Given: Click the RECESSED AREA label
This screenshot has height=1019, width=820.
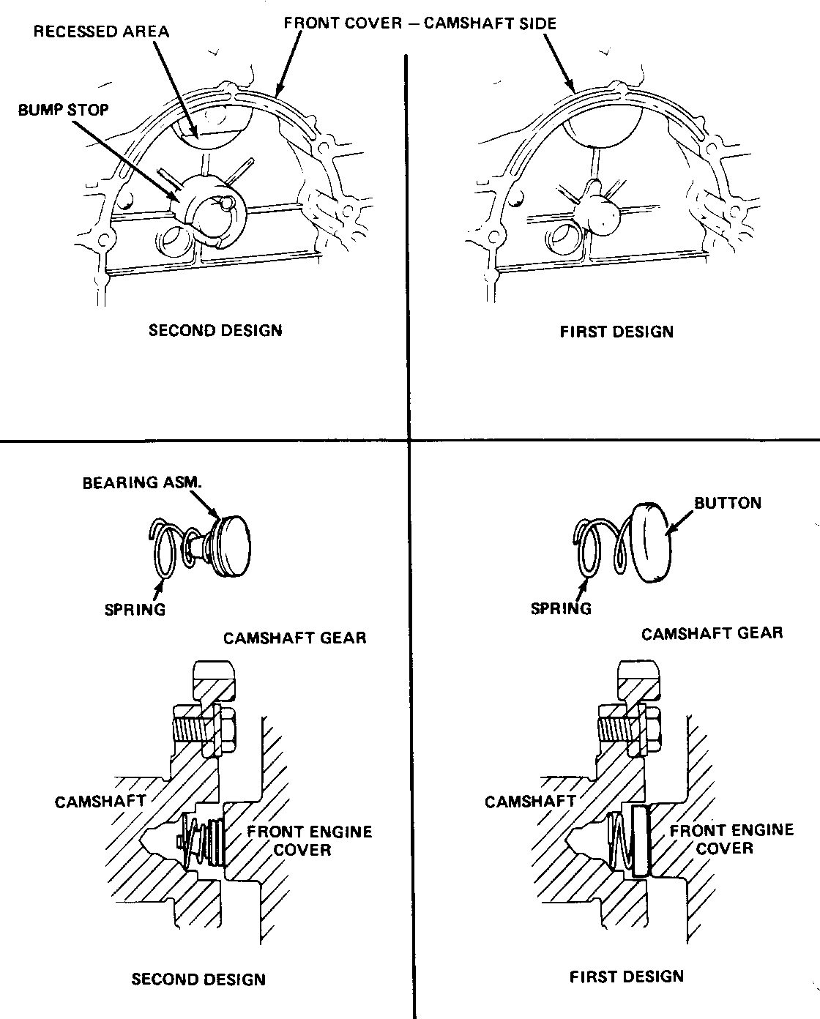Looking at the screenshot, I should pos(101,31).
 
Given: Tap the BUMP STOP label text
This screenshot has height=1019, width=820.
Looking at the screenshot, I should pos(64,110).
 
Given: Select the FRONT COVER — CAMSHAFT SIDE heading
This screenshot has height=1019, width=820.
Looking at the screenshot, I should pos(420,23).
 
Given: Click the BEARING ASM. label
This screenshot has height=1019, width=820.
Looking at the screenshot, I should pos(141,483).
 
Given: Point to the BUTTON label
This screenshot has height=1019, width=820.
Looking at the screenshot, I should pos(728,503).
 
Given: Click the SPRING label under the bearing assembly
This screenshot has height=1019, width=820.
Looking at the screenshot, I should pos(135,609).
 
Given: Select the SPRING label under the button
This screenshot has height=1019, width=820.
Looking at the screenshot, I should pos(561,608).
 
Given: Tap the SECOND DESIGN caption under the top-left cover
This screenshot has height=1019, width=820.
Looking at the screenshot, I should pos(215,330).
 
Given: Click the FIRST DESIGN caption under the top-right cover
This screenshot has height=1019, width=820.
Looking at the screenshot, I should pos(616,332).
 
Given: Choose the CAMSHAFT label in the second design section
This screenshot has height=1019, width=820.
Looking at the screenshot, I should pos(100,802).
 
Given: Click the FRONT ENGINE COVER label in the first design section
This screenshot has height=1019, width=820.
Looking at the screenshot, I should pos(731,839).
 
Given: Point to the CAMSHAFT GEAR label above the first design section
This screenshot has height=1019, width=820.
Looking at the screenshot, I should pos(712,633).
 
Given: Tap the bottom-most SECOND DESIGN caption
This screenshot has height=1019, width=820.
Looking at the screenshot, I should pos(198,979).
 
